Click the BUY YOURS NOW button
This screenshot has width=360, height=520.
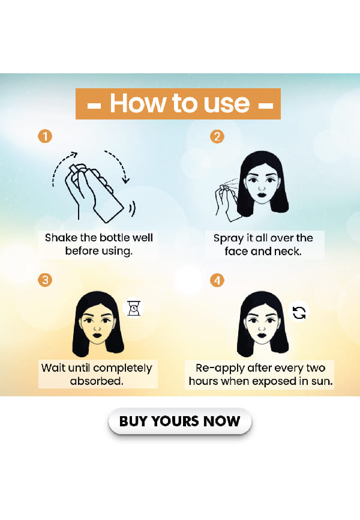(179, 421)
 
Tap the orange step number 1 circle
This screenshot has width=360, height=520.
(45, 136)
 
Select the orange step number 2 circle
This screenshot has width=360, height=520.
(217, 136)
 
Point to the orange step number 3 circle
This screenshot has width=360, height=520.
(45, 280)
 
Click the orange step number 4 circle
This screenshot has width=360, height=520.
(217, 280)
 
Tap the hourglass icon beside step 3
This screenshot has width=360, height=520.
(134, 308)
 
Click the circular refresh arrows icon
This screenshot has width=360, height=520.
(299, 312)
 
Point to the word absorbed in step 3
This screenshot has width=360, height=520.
(97, 381)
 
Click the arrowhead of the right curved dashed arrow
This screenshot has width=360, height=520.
(125, 180)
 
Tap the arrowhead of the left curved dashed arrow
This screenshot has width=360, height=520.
(74, 154)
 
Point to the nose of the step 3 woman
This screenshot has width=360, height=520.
(97, 328)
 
